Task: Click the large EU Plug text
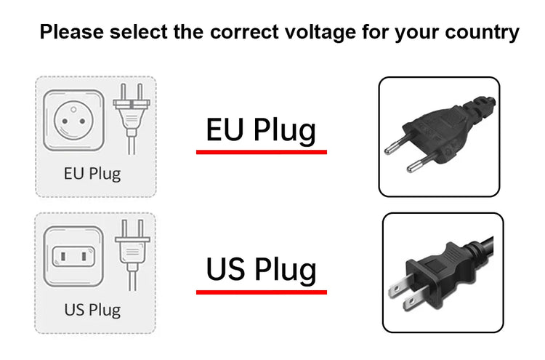[x=261, y=130]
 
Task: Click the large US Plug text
[x=261, y=268]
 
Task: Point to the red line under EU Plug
[x=261, y=152]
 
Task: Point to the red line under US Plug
[x=261, y=292]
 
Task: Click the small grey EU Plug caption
[x=92, y=174]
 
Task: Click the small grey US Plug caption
[x=92, y=310]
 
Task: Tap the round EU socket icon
[x=73, y=120]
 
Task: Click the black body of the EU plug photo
[x=436, y=131]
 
